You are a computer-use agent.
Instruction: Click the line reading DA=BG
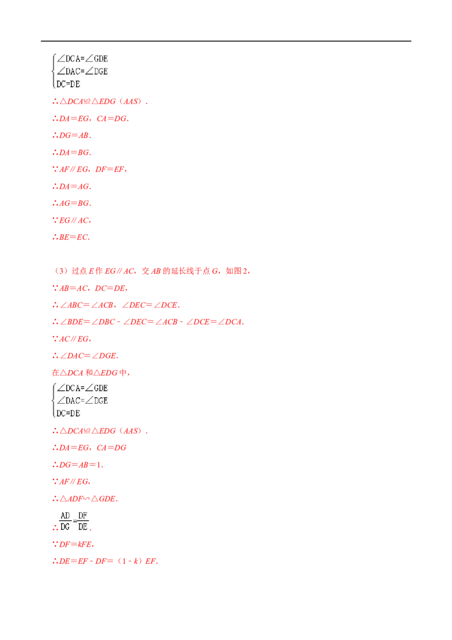[72, 153]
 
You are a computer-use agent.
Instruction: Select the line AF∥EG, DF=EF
[90, 170]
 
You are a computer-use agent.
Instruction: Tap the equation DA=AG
[72, 187]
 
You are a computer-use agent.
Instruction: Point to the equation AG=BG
[72, 204]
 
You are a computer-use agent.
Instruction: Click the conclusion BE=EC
[71, 237]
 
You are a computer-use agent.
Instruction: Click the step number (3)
[61, 271]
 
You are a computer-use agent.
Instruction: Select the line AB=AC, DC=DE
[90, 288]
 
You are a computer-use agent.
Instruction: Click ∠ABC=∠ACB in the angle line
[86, 305]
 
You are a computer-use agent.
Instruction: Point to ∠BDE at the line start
[71, 322]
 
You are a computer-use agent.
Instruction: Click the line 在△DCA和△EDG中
[90, 373]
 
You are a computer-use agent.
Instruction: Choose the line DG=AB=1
[78, 465]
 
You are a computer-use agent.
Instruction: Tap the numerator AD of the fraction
[65, 516]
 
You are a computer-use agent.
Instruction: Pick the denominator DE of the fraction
[82, 527]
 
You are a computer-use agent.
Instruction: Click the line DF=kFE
[73, 544]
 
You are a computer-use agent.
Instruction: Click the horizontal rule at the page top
[226, 41]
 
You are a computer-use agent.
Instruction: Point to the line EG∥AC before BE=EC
[72, 220]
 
